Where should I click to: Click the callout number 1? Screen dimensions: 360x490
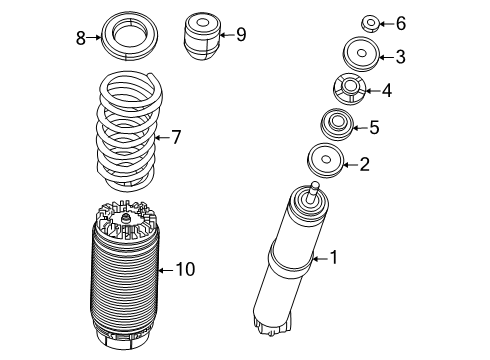[x=334, y=258]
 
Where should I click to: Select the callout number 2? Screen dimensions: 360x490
[x=365, y=163]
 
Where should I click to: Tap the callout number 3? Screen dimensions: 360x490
[x=372, y=56]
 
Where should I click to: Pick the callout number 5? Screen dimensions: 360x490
[x=374, y=127]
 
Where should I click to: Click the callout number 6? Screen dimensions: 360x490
[x=372, y=23]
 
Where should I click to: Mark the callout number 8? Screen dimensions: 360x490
[x=81, y=38]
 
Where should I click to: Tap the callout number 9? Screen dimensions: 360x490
[x=240, y=35]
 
